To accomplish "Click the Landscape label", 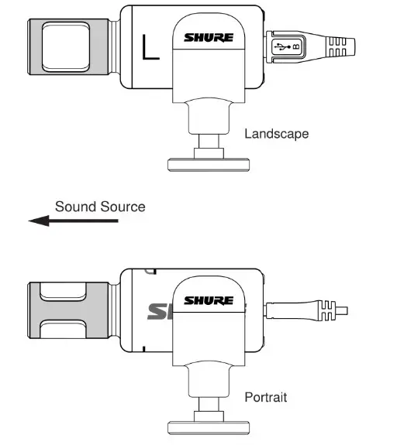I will point(276,134).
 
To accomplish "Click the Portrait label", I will point(266,398).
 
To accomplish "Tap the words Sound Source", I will point(99,207).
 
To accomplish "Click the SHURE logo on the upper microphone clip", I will point(209,36).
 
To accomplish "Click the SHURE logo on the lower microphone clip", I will point(209,300).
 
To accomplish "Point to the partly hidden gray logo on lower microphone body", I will point(158,312).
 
